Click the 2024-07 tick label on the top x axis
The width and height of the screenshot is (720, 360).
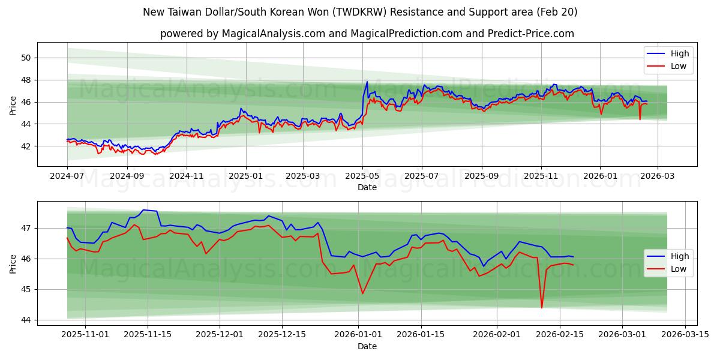pyautogui.click(x=67, y=176)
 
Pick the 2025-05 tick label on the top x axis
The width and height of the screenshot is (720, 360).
pyautogui.click(x=362, y=176)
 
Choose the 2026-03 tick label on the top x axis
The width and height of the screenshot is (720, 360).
pyautogui.click(x=658, y=176)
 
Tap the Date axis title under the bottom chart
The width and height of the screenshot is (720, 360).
pyautogui.click(x=367, y=346)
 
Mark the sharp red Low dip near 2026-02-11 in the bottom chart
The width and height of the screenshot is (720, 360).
pyautogui.click(x=542, y=308)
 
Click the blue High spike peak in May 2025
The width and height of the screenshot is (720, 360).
pyautogui.click(x=367, y=82)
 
